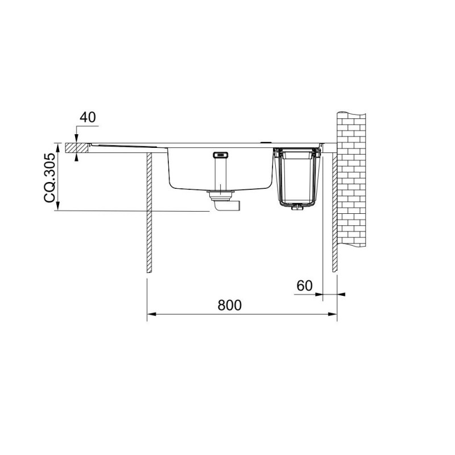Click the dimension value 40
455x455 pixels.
point(88,117)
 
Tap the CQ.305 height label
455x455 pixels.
point(49,177)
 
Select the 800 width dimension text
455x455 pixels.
point(229,305)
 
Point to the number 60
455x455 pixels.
point(304,286)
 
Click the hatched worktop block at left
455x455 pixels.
point(77,148)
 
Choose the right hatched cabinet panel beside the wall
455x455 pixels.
point(334,212)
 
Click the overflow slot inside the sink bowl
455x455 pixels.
point(220,155)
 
